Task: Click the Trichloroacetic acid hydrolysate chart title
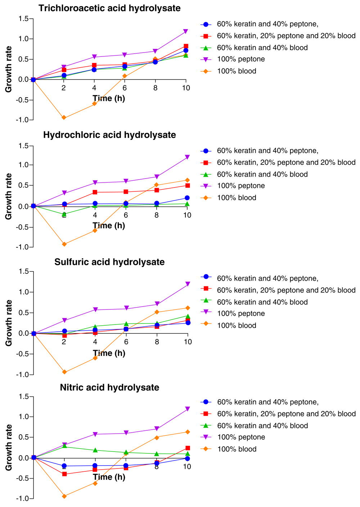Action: click(x=109, y=8)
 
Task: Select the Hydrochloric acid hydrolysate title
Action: click(x=109, y=135)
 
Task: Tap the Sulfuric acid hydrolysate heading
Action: click(x=109, y=262)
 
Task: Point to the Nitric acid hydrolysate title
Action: click(x=109, y=388)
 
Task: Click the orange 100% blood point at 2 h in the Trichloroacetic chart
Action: click(x=64, y=118)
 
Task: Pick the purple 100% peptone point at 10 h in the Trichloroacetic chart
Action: click(x=186, y=32)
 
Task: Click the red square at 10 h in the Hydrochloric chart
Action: click(x=188, y=186)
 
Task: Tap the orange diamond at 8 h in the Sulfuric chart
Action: click(x=157, y=312)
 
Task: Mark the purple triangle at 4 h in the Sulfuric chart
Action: click(x=95, y=310)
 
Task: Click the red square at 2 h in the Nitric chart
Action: click(x=64, y=474)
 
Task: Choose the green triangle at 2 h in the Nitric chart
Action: click(x=64, y=446)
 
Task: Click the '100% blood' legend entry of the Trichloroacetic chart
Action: click(x=237, y=71)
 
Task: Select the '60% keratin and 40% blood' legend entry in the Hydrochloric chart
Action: click(x=262, y=174)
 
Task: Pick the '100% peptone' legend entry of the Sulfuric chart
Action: click(x=241, y=314)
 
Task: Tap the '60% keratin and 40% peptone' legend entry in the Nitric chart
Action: click(x=268, y=402)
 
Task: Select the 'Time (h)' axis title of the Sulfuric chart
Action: click(x=109, y=353)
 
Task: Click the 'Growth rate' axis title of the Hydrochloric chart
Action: click(x=9, y=196)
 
